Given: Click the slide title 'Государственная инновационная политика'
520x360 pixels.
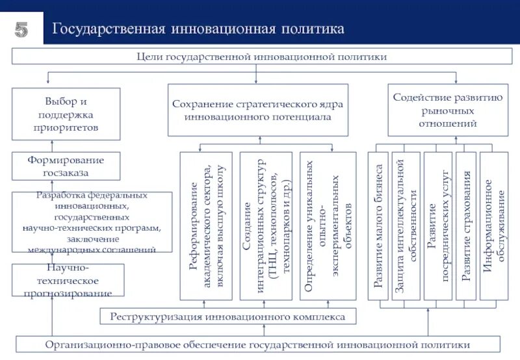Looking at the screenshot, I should pos(198,29).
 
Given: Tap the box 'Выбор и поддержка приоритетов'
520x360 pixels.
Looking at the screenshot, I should pos(66,114).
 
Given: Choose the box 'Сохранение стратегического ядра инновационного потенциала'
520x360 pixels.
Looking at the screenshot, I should pos(257,110).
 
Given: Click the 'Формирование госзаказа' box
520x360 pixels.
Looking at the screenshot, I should pos(66,166).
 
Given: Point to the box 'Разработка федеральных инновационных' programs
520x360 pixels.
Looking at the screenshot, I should pos(92,222).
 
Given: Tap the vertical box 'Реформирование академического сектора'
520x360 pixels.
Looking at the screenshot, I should pos(208,225).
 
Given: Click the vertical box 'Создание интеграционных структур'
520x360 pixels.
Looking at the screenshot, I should pos(266,225).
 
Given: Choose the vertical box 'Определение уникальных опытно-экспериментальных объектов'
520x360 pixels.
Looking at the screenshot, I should pos(328,225).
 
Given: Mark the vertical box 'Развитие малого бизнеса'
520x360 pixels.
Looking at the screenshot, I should pos(378,225).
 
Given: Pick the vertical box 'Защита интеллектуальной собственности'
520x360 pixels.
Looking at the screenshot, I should pos(406,225).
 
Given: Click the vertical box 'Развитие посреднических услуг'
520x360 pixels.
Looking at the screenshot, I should pos(438,225).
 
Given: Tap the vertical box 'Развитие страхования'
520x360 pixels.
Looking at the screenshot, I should pos(466,225).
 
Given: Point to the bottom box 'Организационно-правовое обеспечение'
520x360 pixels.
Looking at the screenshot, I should pos(257,344).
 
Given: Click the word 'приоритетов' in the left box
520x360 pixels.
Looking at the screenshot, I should pos(66,127).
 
